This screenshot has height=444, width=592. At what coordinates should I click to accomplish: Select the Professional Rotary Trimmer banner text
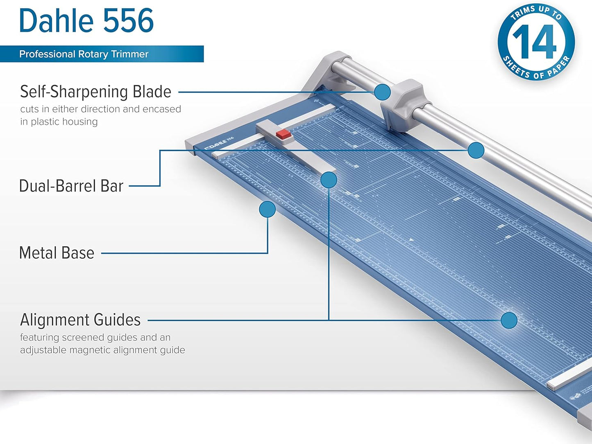pos(84,54)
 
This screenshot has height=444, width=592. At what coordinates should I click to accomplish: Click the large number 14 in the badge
pos(535,42)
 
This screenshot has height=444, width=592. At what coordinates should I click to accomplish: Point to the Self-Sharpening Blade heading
pos(95,92)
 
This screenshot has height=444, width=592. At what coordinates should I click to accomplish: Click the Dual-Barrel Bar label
pos(71,186)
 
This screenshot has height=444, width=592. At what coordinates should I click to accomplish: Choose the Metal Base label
pos(57,253)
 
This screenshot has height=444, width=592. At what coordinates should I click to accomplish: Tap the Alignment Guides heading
pos(80,320)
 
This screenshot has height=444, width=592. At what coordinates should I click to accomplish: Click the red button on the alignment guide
pos(284,135)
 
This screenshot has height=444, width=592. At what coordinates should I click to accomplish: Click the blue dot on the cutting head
pos(382,92)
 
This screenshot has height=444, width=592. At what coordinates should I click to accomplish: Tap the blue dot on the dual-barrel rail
pos(476,150)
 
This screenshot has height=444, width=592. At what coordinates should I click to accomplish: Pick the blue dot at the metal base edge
pos(267,210)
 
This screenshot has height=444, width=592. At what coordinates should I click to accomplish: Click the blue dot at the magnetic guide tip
pos(329,180)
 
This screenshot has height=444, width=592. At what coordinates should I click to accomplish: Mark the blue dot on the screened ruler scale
pos(509,320)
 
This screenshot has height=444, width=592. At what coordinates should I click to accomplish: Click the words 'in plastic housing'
pos(59,122)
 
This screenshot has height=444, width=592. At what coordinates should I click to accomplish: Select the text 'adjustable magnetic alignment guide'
pos(102,350)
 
